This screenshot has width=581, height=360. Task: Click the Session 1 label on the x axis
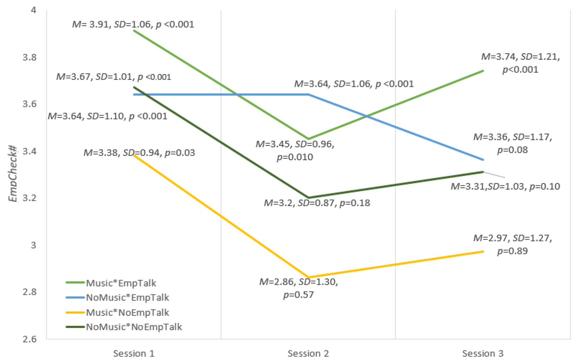(134, 354)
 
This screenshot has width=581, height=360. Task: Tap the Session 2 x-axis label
(308, 354)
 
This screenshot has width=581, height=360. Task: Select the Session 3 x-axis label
(483, 354)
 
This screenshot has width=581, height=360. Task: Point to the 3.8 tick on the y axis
(29, 57)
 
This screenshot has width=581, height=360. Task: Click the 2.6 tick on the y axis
(29, 339)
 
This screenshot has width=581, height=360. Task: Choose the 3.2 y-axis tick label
(29, 198)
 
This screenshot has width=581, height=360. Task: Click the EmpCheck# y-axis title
(13, 174)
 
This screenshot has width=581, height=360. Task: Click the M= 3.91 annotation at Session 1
(133, 24)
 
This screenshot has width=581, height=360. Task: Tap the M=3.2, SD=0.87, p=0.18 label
(317, 203)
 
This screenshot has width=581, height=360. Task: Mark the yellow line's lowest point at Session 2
(309, 278)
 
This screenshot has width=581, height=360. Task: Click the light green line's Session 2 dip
(309, 139)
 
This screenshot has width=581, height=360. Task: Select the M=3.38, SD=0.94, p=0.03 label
(139, 153)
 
